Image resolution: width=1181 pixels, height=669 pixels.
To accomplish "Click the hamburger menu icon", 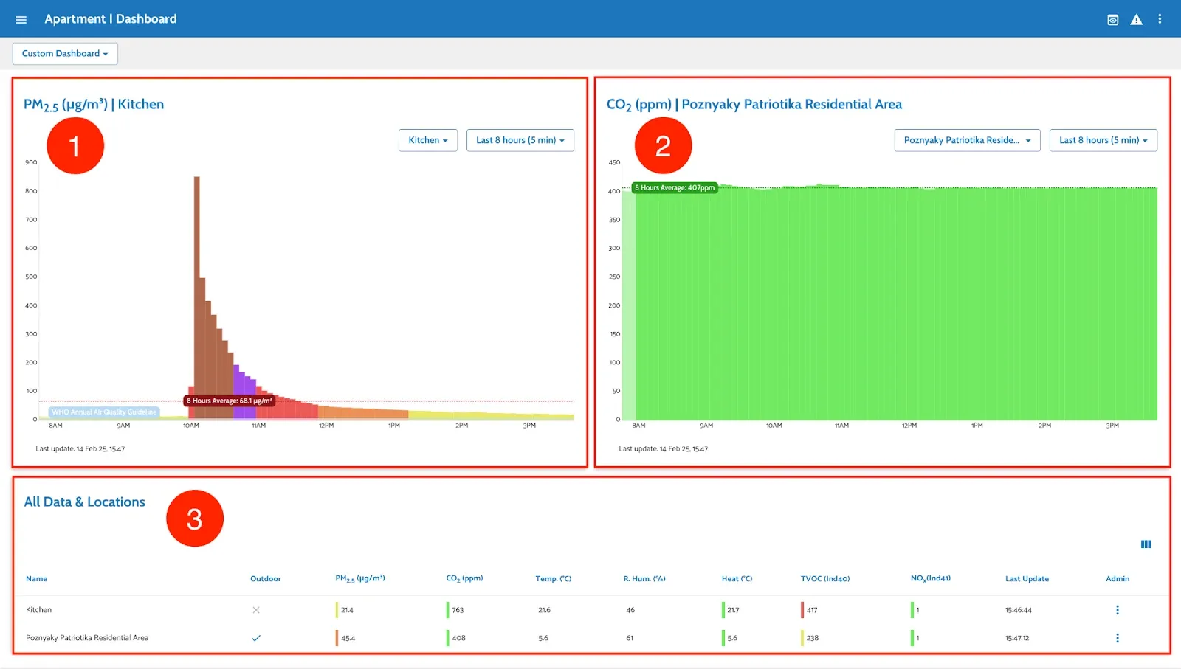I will [21, 19].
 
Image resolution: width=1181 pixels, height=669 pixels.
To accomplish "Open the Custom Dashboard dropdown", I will [65, 54].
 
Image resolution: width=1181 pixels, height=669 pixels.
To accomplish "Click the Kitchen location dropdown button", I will [427, 140].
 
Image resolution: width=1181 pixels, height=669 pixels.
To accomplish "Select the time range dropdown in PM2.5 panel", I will [520, 140].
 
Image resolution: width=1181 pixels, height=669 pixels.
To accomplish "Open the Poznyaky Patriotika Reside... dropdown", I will [966, 140].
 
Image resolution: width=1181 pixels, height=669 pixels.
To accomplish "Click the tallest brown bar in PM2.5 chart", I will [197, 295].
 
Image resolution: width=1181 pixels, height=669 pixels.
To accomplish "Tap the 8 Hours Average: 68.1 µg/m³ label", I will [229, 401].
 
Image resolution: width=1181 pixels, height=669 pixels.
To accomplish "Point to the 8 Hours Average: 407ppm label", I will [675, 187].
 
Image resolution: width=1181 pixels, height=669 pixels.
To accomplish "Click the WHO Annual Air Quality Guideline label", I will [104, 412].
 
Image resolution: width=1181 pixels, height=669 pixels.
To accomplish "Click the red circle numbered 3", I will [195, 519].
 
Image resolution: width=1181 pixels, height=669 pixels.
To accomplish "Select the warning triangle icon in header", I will [1136, 20].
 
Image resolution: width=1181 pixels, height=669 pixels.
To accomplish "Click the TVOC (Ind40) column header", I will [824, 579].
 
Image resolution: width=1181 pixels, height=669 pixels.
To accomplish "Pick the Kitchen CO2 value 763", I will [458, 610].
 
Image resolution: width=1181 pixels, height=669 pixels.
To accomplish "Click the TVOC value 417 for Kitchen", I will [812, 610].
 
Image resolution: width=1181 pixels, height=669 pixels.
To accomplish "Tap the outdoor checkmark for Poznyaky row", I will [256, 638].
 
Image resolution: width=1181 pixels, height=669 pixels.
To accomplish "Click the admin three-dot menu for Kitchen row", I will [1117, 610].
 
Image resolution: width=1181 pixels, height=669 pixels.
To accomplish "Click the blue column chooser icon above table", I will [1146, 544].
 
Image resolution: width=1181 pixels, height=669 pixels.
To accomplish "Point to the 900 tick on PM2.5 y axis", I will [31, 162].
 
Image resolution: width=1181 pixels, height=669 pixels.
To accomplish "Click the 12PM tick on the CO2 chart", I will [909, 426].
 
